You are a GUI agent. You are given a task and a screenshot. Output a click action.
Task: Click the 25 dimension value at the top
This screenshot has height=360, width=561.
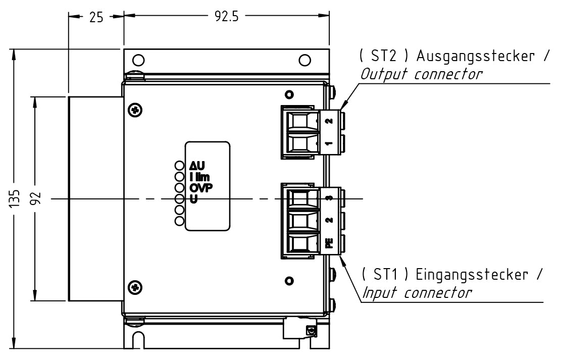tap(96, 17)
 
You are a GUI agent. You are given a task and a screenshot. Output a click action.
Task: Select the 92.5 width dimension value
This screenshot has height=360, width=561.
tap(227, 16)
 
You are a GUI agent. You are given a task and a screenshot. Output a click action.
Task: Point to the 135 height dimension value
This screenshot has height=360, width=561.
tap(15, 199)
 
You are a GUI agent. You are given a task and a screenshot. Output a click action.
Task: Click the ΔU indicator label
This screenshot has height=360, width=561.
tap(197, 166)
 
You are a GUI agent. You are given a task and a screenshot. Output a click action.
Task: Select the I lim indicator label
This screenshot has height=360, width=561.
tap(199, 177)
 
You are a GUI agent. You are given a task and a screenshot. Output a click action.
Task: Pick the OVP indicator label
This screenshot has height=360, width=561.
tap(200, 188)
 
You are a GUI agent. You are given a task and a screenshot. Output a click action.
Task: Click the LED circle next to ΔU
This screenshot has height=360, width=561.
tap(179, 166)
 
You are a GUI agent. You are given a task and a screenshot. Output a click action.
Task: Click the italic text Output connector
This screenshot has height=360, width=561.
tap(421, 74)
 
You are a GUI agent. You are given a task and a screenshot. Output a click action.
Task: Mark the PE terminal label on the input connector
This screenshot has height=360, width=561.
tap(329, 243)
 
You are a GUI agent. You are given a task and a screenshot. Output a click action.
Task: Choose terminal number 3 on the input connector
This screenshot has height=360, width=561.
tap(329, 198)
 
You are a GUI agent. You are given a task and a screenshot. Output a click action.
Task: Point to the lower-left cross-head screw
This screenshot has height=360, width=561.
tap(135, 287)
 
